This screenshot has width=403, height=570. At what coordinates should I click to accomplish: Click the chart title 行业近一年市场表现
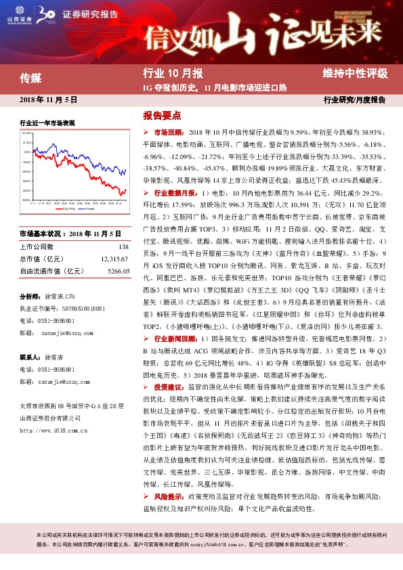pos(47,123)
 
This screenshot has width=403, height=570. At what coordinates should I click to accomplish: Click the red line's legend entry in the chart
pos(63,208)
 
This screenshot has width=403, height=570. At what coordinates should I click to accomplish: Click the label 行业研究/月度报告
pos(355,100)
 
